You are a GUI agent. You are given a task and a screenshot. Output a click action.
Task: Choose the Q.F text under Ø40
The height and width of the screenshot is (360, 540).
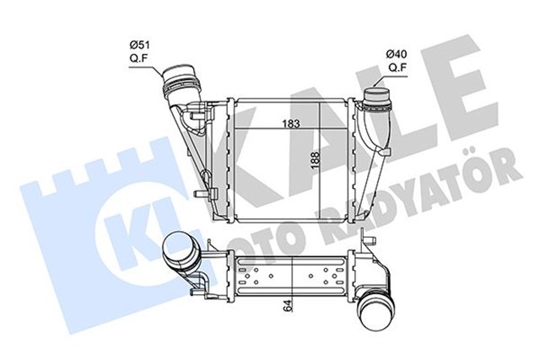397,69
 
